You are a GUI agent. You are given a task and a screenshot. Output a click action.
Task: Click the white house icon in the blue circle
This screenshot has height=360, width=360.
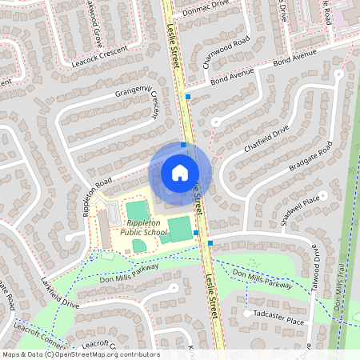click(180, 172)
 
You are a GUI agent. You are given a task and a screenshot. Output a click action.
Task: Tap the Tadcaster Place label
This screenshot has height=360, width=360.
click(279, 321)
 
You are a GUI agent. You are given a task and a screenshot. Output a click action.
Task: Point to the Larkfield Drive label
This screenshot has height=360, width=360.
click(60, 294)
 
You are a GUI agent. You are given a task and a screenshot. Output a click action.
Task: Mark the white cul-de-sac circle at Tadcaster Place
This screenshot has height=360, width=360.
click(247, 314)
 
